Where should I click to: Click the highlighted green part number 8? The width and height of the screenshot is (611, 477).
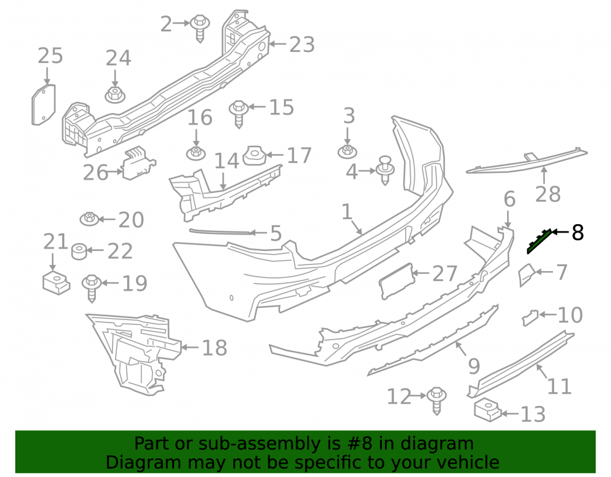point(540,241)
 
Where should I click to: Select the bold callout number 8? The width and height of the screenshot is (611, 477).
point(577,233)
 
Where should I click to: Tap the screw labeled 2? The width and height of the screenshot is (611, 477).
point(200,29)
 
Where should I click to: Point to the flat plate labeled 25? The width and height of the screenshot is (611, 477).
point(43,105)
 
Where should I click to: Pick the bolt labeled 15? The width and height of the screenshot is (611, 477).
point(239,114)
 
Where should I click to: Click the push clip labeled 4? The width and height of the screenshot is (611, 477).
point(385,170)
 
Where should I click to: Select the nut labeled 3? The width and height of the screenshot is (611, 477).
point(347,151)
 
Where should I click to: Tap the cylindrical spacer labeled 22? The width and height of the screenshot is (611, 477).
point(79,251)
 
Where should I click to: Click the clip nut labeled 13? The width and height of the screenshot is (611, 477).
point(488,410)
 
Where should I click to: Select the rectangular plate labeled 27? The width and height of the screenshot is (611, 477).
point(397,281)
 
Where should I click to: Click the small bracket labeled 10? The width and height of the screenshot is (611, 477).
point(530,317)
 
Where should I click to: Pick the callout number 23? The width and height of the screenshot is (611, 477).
point(302,45)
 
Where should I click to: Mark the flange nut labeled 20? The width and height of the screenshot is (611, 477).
point(90,219)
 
